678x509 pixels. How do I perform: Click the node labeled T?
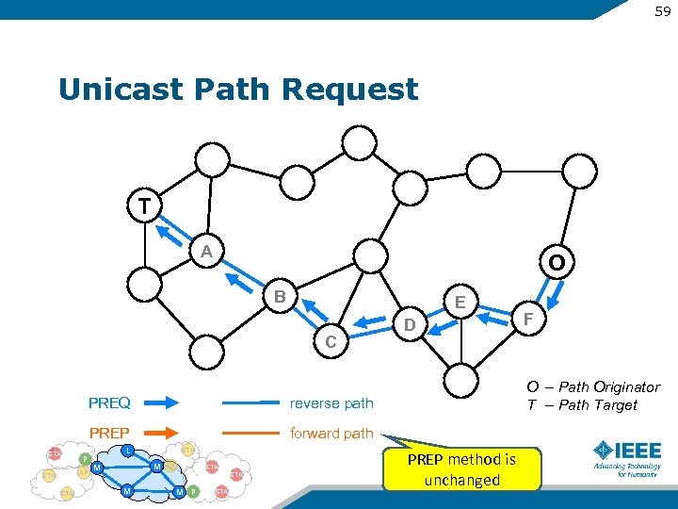point(144,205)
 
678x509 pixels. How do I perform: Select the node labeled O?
point(557,263)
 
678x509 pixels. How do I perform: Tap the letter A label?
point(206,251)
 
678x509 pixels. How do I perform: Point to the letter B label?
point(280,297)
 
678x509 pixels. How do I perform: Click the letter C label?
point(331,341)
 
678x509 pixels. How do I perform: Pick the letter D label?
point(409,326)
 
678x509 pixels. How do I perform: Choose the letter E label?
point(460,302)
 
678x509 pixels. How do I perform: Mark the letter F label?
point(528,320)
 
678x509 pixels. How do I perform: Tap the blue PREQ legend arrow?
point(159,402)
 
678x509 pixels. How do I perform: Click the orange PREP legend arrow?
point(159,434)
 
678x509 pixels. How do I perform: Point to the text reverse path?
point(331,403)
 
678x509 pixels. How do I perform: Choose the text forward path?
point(331,434)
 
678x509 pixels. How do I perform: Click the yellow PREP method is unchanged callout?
point(462,469)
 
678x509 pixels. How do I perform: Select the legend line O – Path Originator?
point(593,386)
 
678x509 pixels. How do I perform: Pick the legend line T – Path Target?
point(582,405)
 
